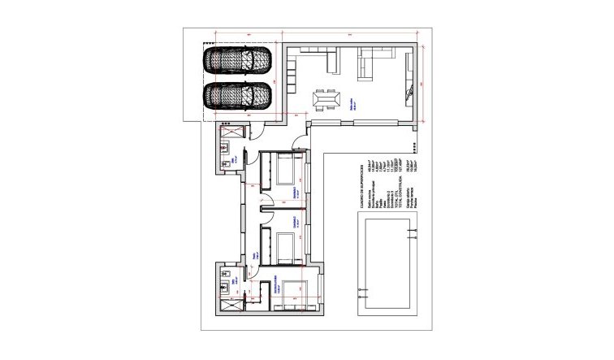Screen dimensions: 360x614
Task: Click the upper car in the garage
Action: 237,60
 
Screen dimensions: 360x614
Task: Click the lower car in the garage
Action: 237,96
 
